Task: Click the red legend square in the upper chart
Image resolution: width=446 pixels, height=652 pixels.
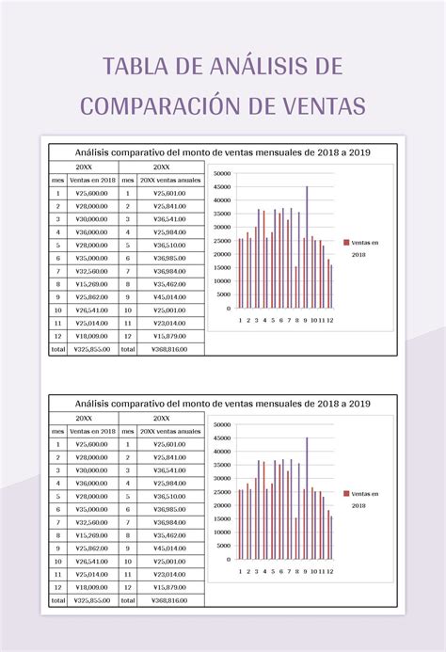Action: click(x=346, y=242)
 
